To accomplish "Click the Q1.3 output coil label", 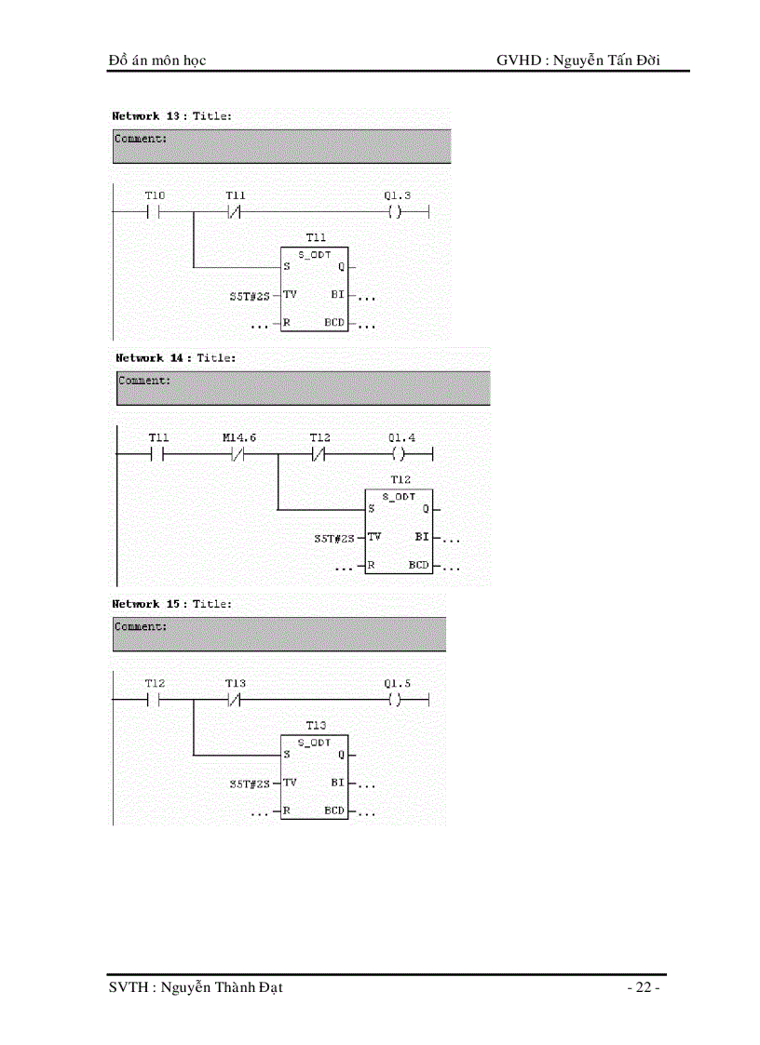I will (397, 195).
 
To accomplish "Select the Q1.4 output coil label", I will (400, 437).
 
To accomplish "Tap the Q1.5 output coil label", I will (397, 683).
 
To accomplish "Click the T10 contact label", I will (155, 195).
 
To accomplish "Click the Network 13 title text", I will (172, 116).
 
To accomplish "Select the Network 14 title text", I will (176, 357).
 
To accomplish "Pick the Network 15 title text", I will (172, 604).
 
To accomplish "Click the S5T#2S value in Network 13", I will (249, 297).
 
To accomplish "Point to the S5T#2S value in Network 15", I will (249, 784).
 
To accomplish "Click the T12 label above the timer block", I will (400, 478).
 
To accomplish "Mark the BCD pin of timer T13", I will (334, 811).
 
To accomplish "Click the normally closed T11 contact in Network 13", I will (236, 212).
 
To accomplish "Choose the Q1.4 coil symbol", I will (400, 455).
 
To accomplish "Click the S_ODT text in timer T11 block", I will (316, 253).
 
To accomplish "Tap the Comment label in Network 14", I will (144, 381).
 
